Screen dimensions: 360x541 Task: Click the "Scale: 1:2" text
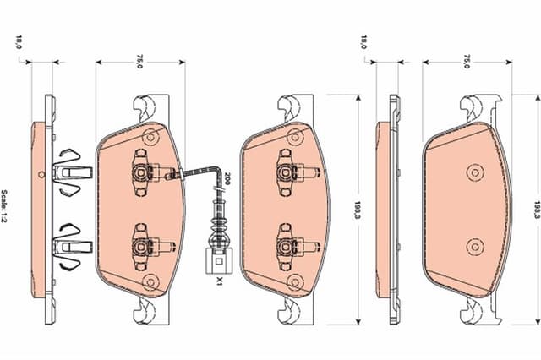[x=8, y=206]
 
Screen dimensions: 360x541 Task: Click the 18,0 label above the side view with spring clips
[x=19, y=42]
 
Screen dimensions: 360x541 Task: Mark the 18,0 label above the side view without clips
[x=364, y=42]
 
